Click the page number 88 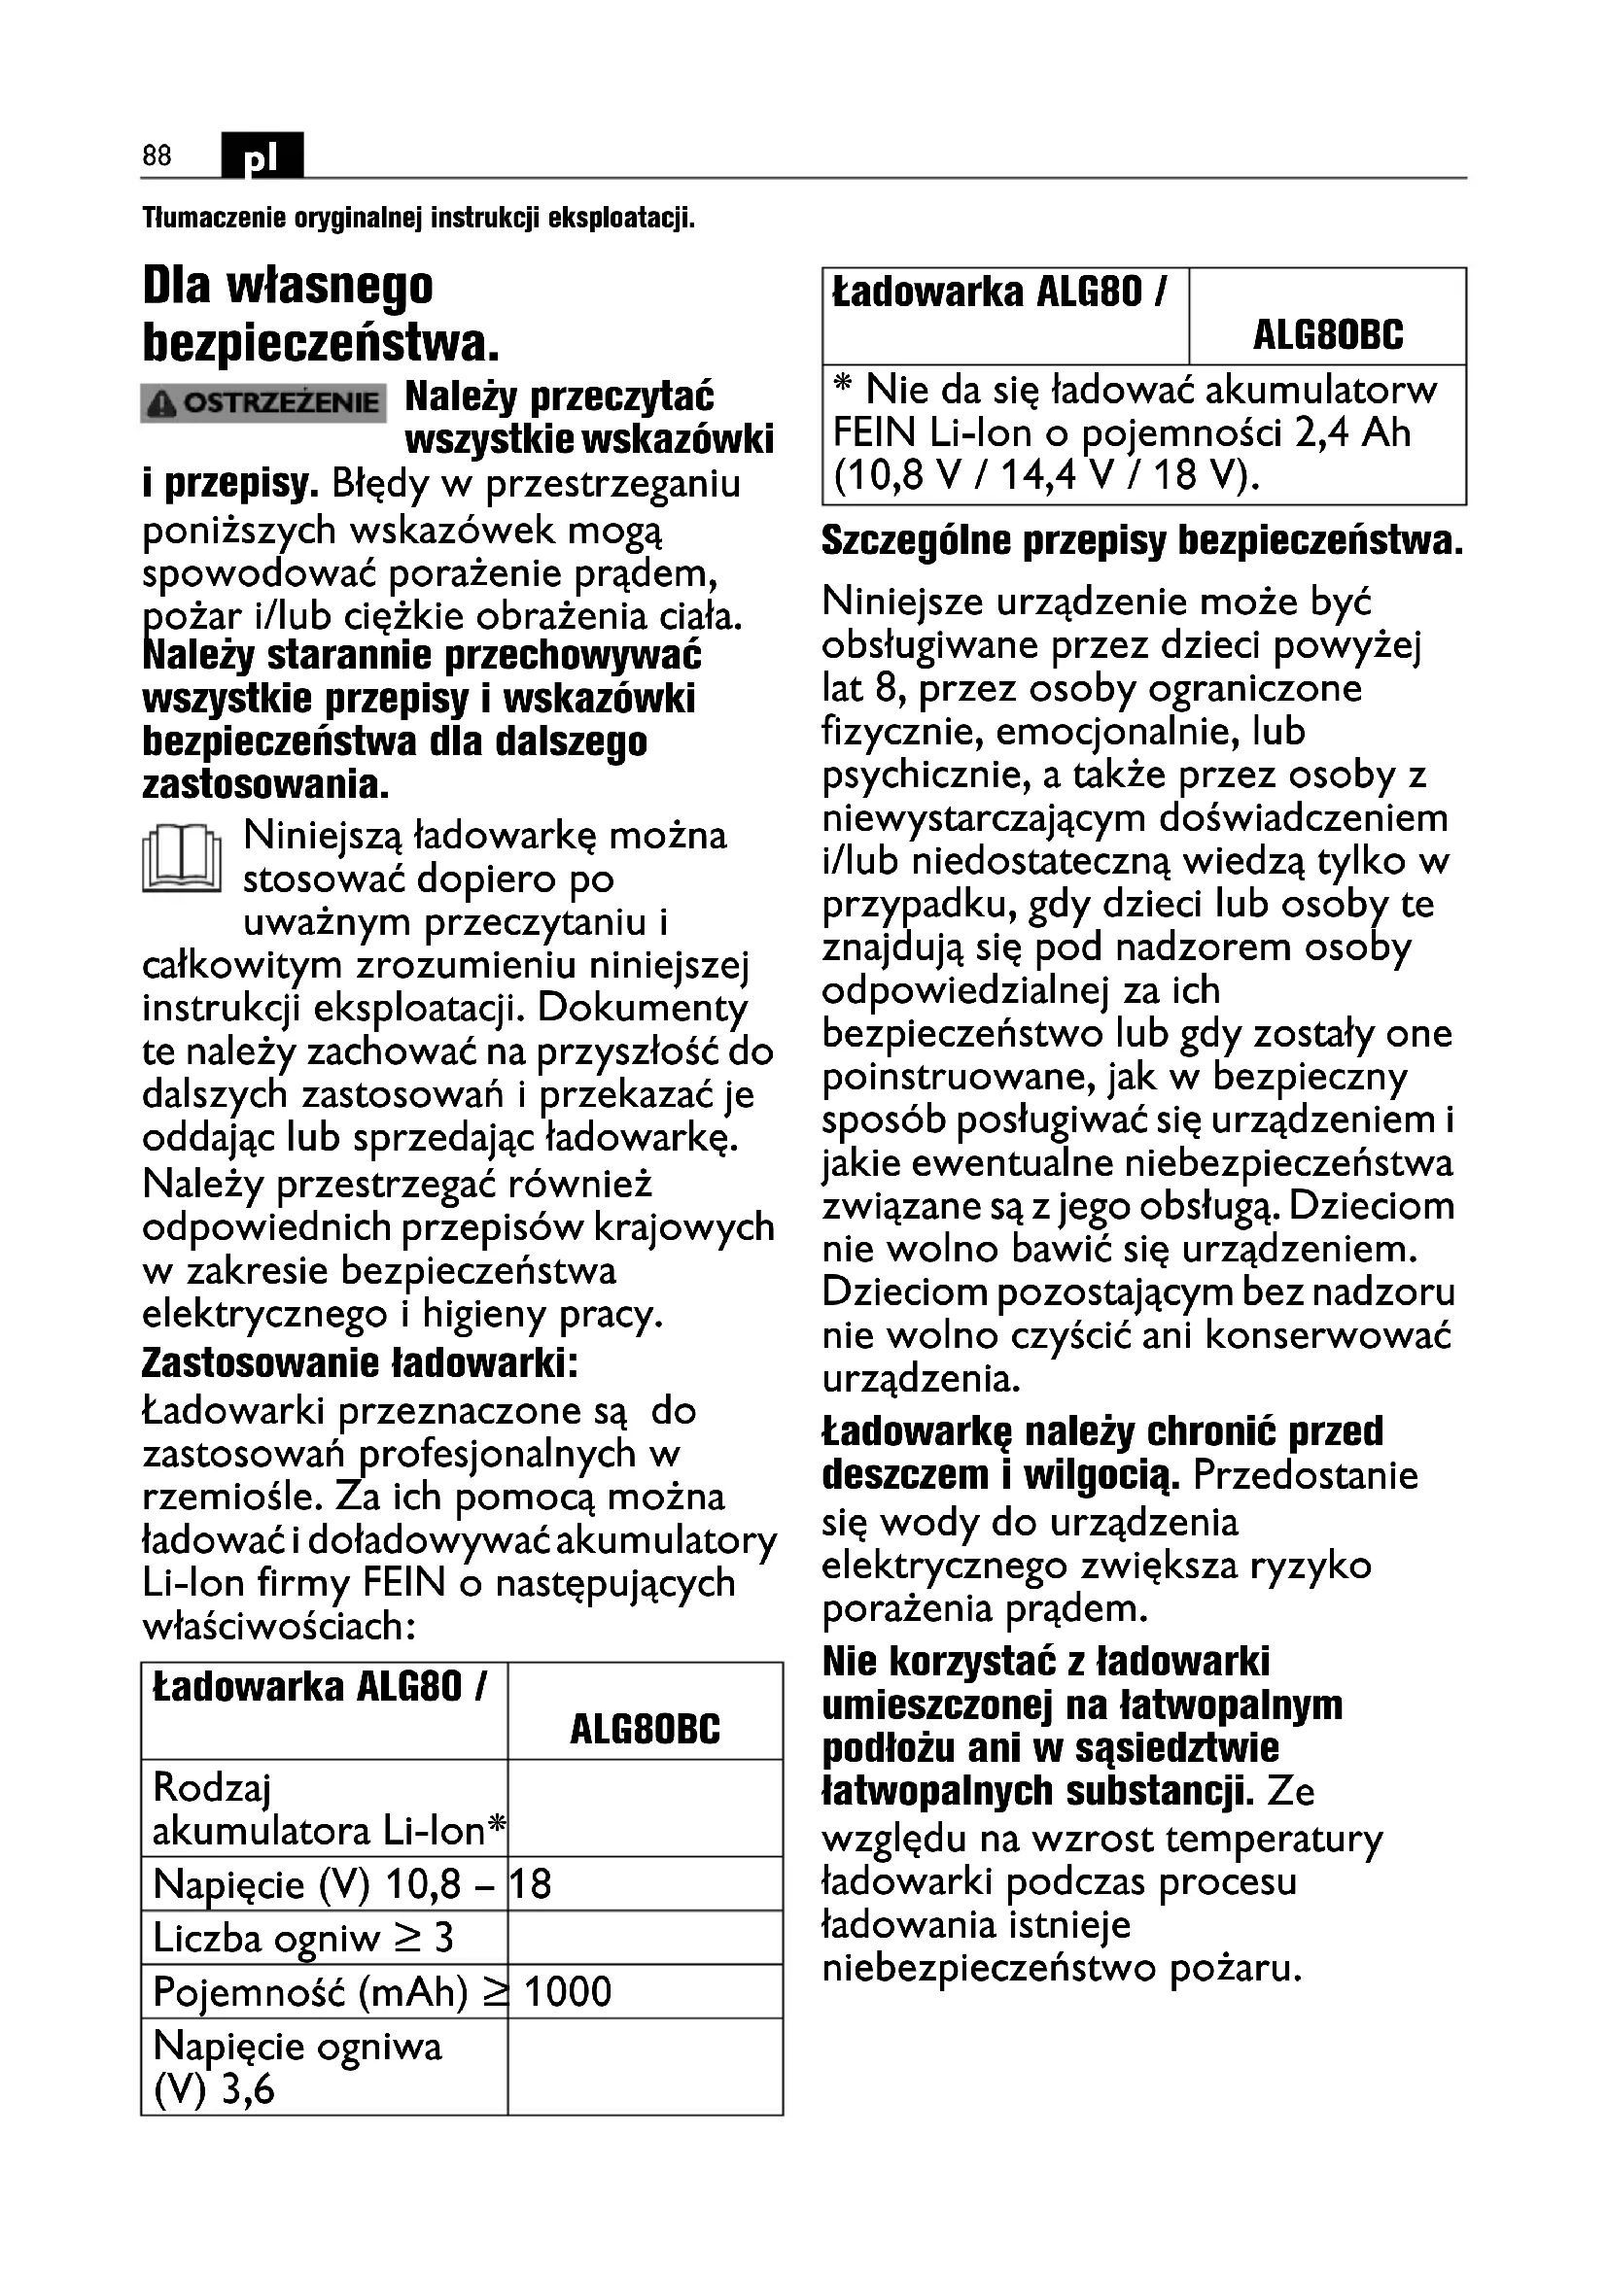coord(157,155)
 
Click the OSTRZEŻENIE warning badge coord(263,403)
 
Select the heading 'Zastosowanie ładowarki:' coord(360,1362)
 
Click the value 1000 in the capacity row coord(568,1992)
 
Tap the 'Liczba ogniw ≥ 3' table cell coord(303,1938)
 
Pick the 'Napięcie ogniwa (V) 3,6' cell coord(297,2067)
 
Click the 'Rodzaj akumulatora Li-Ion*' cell coord(327,1808)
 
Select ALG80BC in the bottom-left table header coord(645,1730)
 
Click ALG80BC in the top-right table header coord(1328,335)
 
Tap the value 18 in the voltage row coord(531,1884)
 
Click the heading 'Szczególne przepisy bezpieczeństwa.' coord(1142,541)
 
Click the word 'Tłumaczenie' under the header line coord(214,218)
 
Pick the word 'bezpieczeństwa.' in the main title coord(321,343)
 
